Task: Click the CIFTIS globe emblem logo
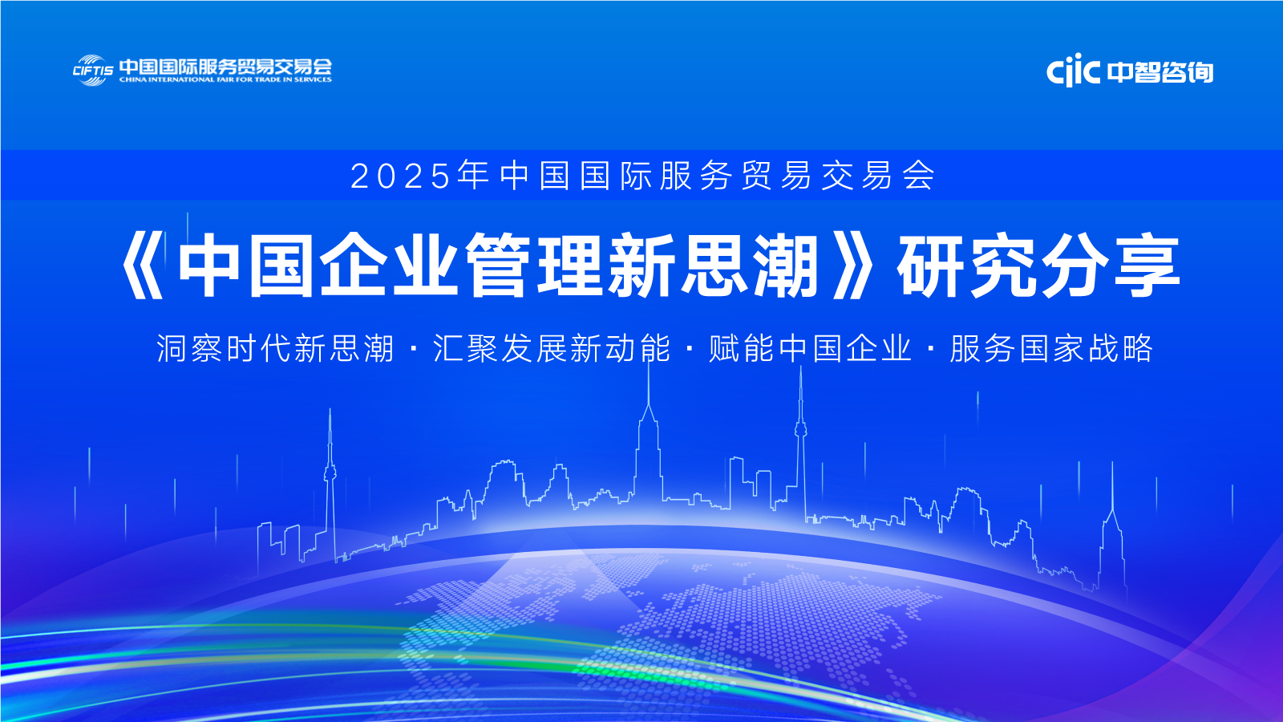92,71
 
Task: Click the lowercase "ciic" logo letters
1073,71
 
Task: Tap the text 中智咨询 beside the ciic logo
1160,72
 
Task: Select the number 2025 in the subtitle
400,176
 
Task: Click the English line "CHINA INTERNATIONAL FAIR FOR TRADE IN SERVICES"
225,79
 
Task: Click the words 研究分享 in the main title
1039,266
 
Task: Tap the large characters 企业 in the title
390,266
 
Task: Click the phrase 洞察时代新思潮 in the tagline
276,348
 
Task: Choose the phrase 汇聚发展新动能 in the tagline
552,348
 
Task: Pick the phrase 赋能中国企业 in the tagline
810,348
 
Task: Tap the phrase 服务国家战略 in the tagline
1051,348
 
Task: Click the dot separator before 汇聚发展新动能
414,348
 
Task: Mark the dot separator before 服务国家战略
931,348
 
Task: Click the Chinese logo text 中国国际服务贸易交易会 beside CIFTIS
225,67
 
